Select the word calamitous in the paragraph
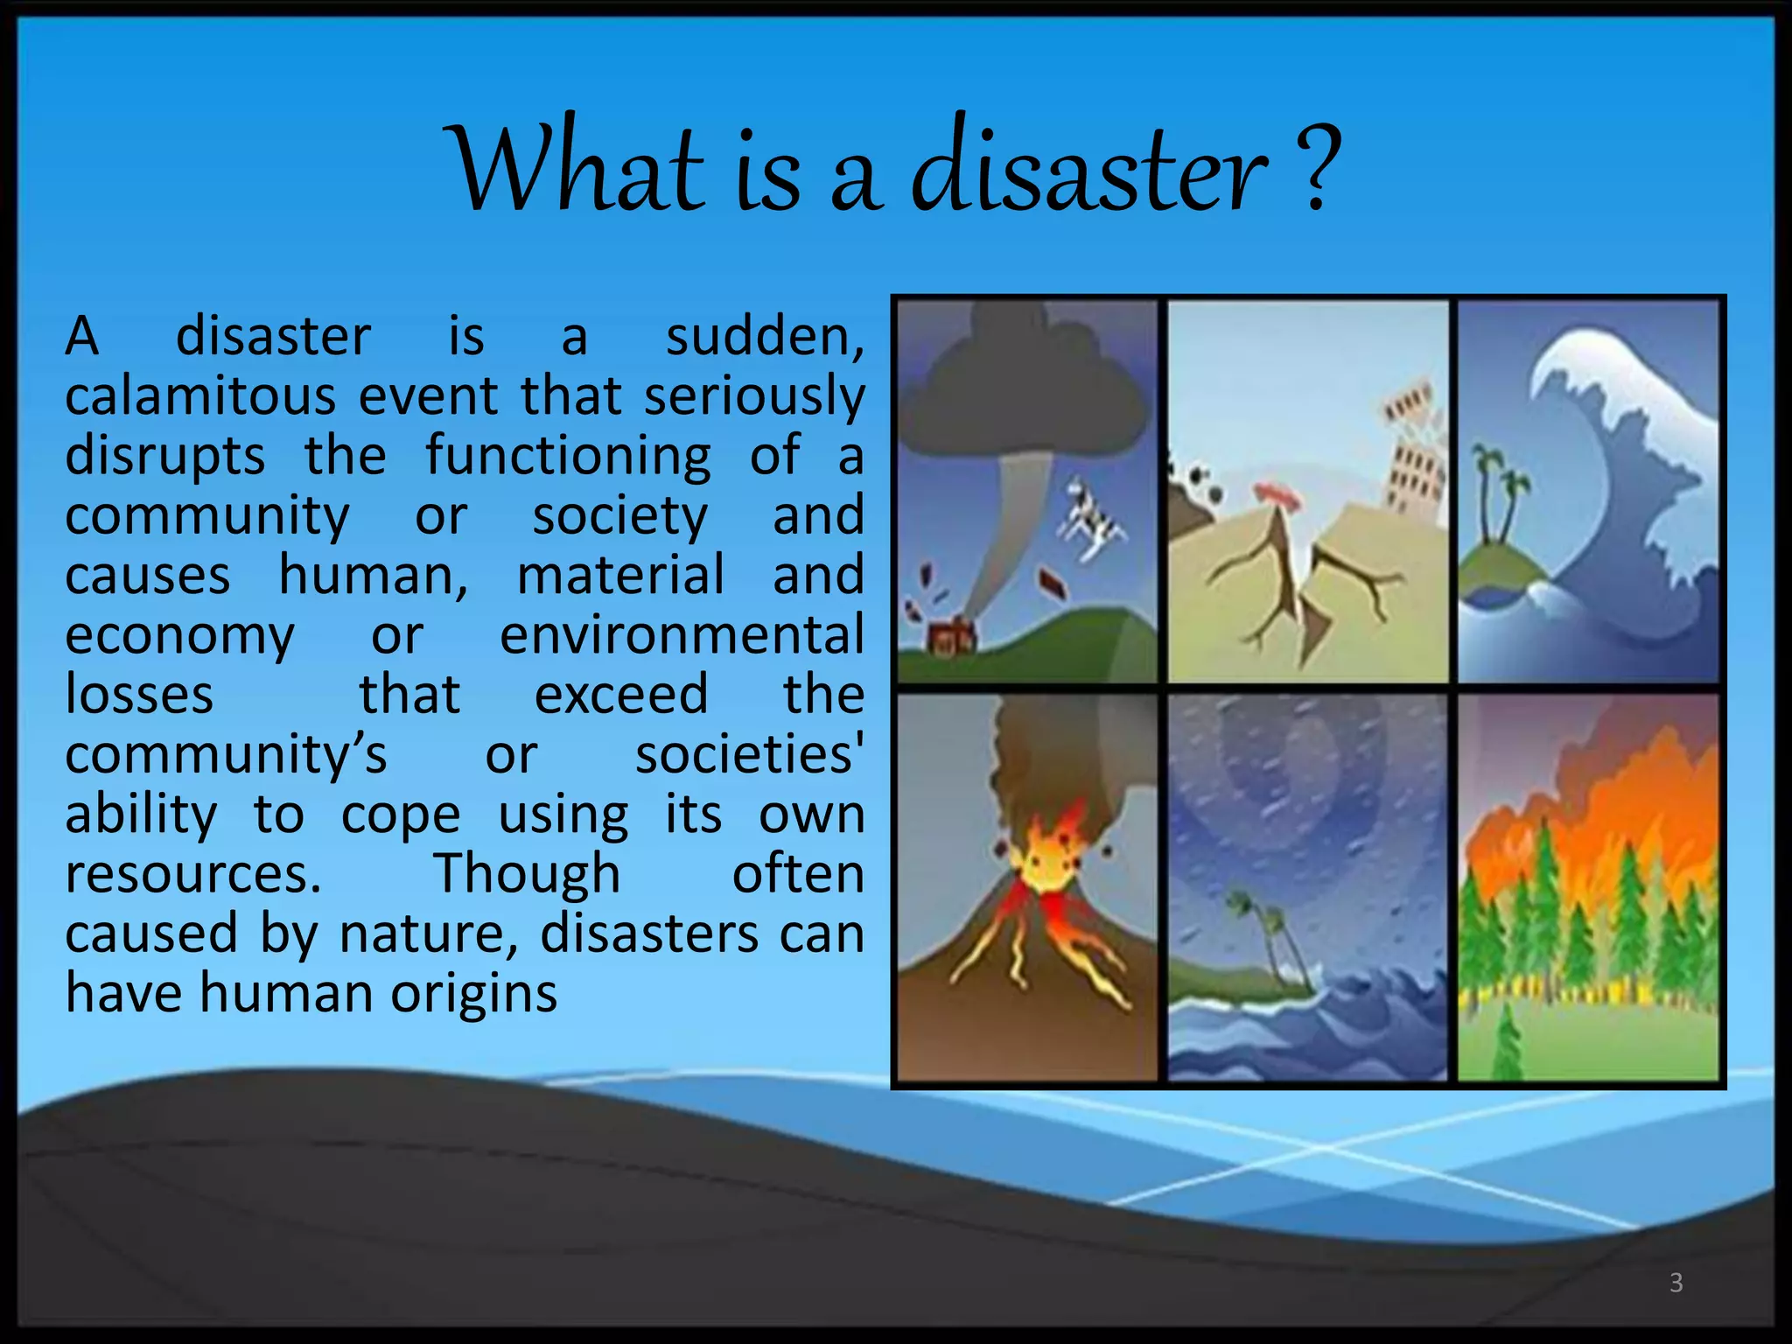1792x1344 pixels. pos(200,396)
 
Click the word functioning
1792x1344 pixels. pos(568,456)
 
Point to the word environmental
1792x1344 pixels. pos(682,635)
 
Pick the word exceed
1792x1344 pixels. pos(620,695)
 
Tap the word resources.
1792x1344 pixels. pos(193,874)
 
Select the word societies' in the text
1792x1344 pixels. pos(749,755)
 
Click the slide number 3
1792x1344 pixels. pos(1676,1283)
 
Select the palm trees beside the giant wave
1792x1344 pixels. pos(1501,499)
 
